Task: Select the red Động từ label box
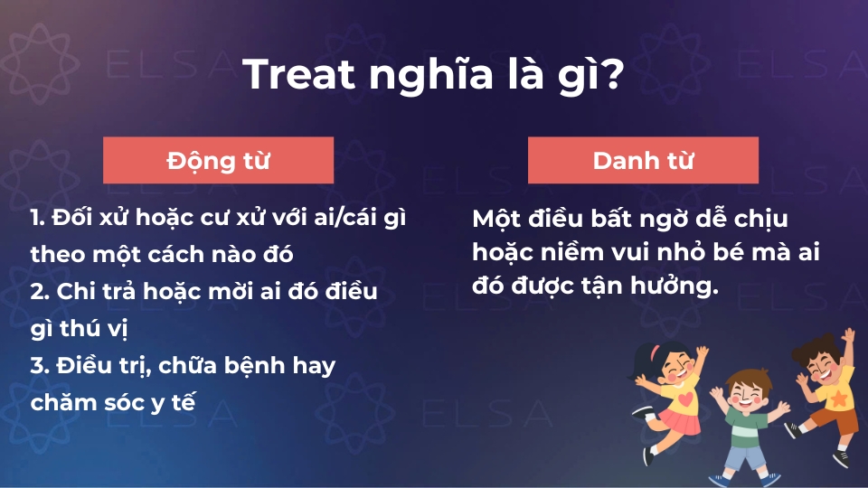[219, 161]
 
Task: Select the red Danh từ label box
[643, 161]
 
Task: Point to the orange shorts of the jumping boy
[835, 419]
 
